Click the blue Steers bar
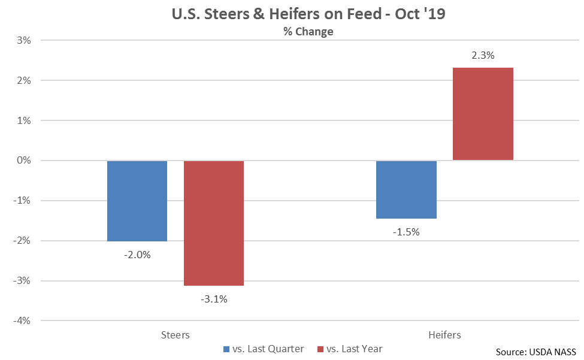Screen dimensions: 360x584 (137, 201)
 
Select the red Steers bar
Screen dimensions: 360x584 (214, 223)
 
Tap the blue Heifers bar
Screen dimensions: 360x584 (407, 189)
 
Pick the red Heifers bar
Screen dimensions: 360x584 (483, 114)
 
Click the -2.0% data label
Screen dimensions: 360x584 (137, 255)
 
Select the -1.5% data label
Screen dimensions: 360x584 (407, 232)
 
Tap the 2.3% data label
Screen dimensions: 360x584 (483, 56)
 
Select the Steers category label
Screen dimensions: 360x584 (175, 334)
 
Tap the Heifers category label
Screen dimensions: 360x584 (445, 334)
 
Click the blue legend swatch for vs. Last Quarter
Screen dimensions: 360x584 (226, 349)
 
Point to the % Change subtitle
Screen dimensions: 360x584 (308, 32)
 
